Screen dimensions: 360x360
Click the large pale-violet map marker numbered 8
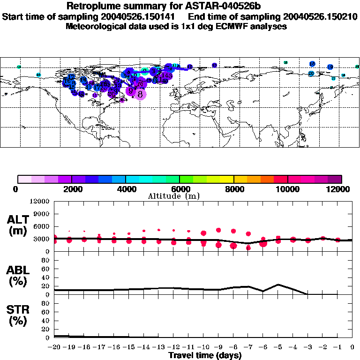tap(140, 94)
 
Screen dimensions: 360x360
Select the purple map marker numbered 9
tap(131, 90)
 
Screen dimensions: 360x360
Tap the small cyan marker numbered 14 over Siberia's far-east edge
tap(19, 67)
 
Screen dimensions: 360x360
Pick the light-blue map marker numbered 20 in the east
tap(311, 73)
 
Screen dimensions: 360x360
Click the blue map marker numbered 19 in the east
tap(330, 67)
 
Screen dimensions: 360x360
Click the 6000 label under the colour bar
tap(180, 189)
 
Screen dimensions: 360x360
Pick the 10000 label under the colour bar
tap(287, 189)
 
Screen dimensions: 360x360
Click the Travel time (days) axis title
tap(205, 355)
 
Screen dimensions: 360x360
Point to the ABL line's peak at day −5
tap(278, 285)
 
